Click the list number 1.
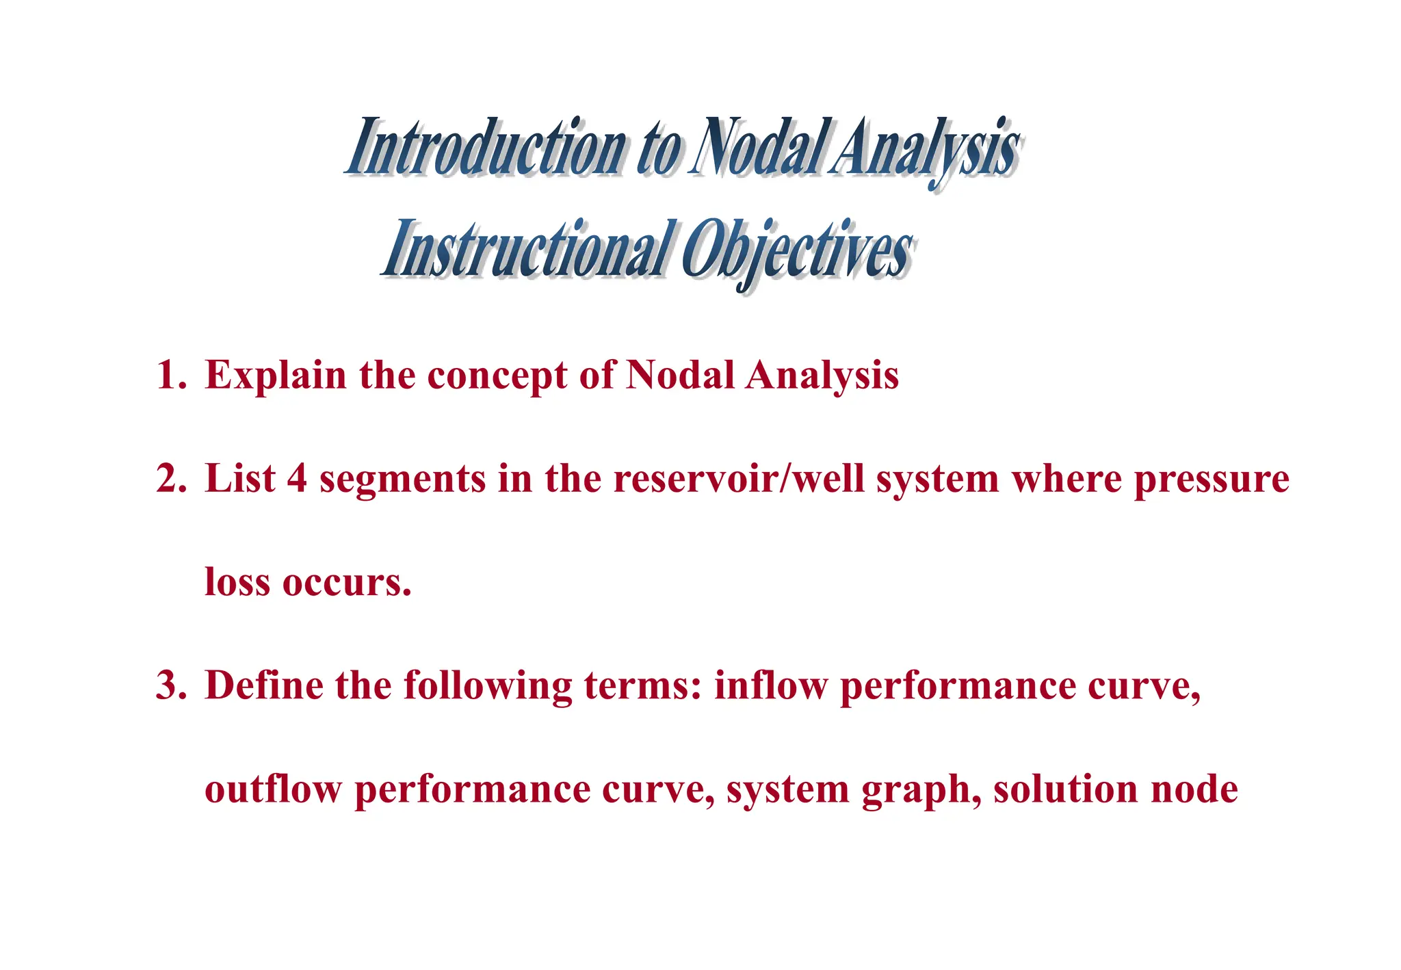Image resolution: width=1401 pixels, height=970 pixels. (170, 376)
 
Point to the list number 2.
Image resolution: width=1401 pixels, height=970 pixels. (170, 478)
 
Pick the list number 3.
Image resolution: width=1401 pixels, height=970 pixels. (170, 685)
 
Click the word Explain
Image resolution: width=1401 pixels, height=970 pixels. (276, 376)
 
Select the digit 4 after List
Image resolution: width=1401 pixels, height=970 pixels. (296, 478)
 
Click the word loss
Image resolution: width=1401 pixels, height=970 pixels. (237, 582)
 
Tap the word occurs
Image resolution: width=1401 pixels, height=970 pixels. (347, 584)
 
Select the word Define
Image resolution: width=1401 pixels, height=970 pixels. (264, 685)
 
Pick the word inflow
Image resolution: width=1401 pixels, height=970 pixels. (771, 685)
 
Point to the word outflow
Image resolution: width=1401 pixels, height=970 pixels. (272, 789)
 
